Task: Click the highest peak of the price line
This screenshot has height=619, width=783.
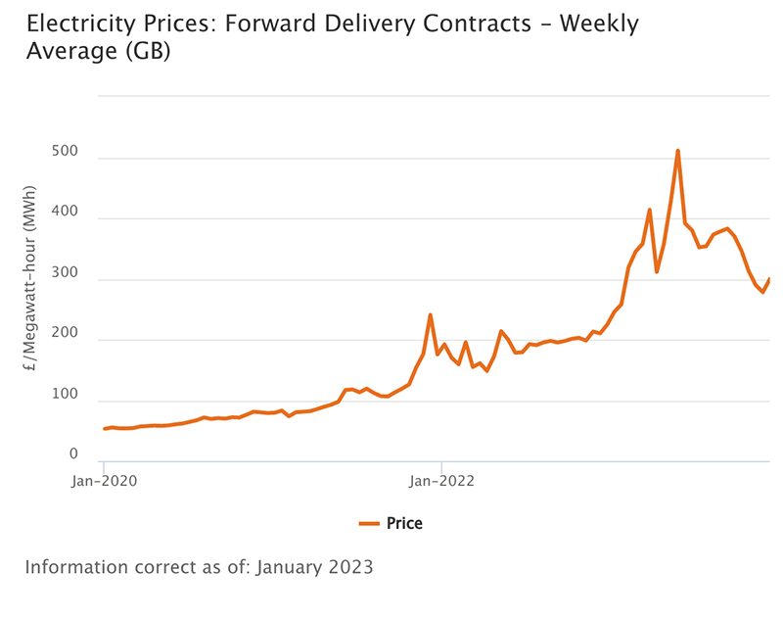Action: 677,151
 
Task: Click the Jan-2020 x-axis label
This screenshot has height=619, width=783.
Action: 103,481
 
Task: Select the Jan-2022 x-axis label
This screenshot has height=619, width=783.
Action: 441,481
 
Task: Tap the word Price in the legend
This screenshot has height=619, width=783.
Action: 404,523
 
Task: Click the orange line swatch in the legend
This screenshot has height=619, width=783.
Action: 369,523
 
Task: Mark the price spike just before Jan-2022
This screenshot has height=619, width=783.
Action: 431,315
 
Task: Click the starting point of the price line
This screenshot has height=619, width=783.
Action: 105,429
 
